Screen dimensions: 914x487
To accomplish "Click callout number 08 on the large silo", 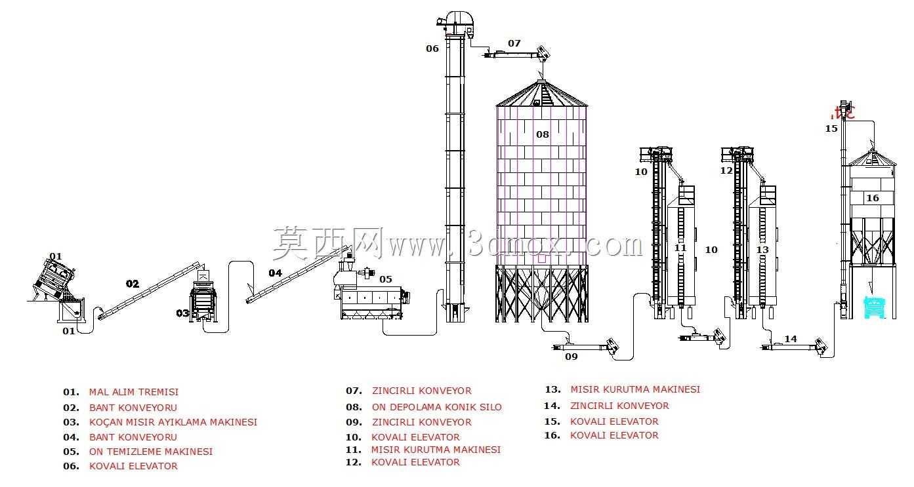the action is click(542, 134).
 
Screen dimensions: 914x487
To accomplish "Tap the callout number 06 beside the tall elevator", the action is click(432, 49).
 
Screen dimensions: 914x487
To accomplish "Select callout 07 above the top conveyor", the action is click(514, 43).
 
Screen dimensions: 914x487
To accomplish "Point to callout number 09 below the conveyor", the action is click(571, 357).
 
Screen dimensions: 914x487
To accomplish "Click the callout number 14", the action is click(791, 339).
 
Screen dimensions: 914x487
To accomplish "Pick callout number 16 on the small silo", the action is click(873, 198).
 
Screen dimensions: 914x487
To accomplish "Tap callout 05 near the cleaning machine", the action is click(386, 279).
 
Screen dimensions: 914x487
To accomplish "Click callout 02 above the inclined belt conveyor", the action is click(132, 284).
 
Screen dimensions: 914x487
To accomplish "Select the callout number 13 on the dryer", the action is click(762, 250).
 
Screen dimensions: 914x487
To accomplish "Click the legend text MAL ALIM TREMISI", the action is click(134, 392).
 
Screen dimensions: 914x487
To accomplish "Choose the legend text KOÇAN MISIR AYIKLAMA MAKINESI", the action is click(173, 422).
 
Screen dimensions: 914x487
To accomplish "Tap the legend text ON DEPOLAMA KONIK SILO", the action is click(436, 407).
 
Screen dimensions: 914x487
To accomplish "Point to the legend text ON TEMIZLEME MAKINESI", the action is click(150, 452).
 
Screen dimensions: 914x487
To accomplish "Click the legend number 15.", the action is click(552, 421).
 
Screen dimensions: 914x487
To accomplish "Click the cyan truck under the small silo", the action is click(875, 307).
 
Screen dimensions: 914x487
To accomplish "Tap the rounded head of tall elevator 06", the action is click(459, 18).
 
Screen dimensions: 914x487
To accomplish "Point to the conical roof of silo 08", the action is click(541, 93).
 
